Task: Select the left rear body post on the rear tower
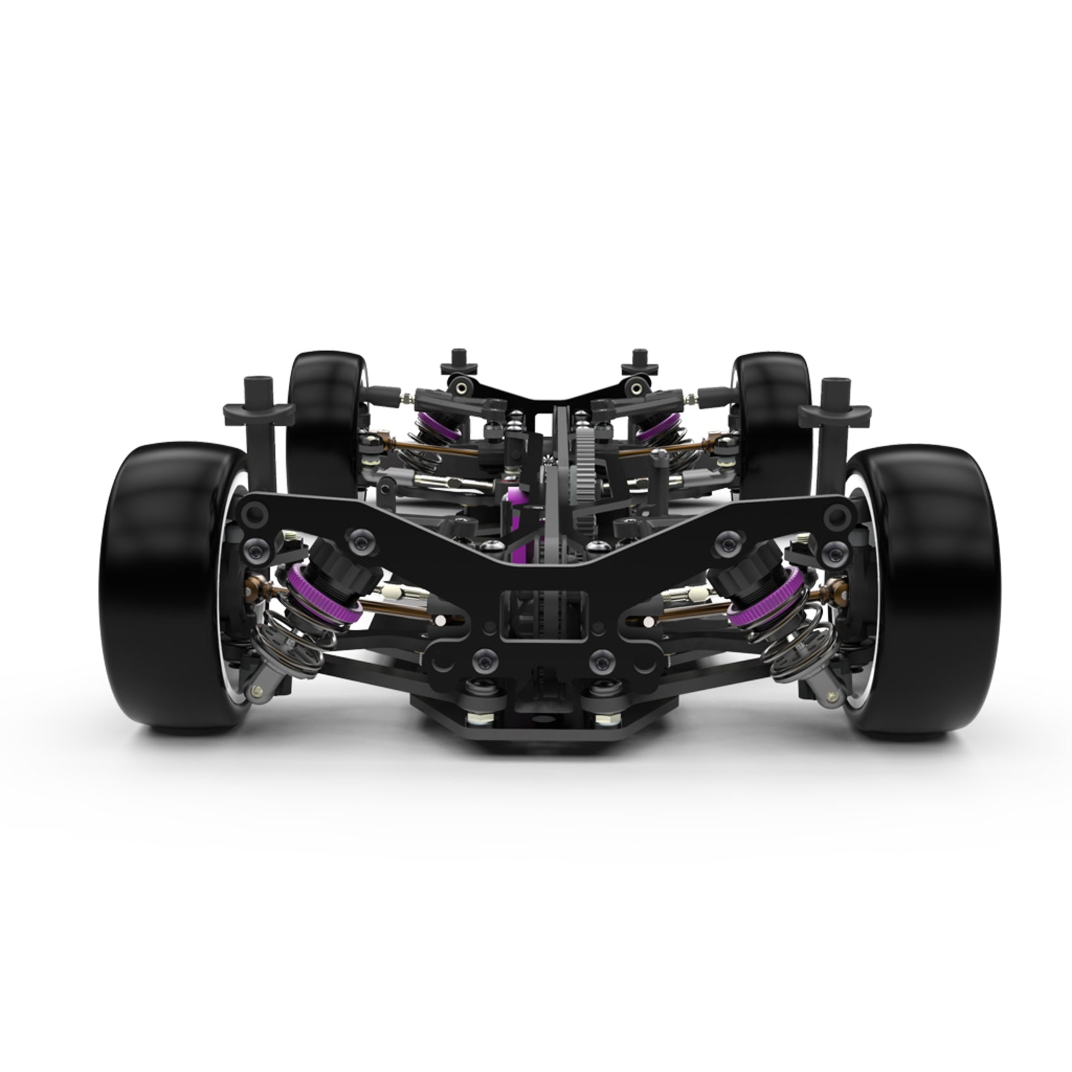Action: [x=452, y=363]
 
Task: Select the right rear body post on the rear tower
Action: [x=633, y=363]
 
